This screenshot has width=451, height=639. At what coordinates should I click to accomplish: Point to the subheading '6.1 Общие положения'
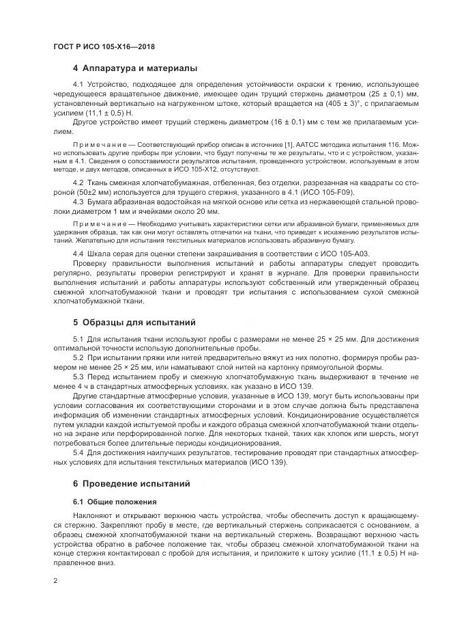point(110,502)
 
